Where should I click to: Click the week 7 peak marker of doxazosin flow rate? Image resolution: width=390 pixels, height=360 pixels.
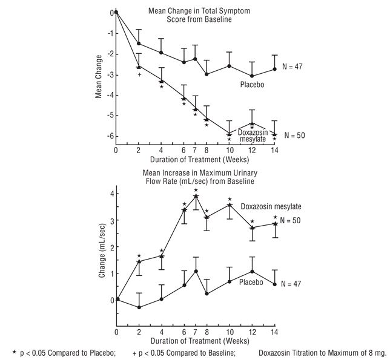tap(196, 196)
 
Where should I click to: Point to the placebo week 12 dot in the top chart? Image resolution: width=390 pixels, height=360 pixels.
tap(252, 76)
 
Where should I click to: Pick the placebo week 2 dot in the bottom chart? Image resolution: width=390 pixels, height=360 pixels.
tap(139, 307)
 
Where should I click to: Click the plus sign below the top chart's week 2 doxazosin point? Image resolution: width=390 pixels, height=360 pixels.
tap(139, 74)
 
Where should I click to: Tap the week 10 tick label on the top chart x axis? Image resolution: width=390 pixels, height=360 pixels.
tap(229, 150)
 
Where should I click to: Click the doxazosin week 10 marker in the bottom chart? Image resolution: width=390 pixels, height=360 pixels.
tap(229, 205)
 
